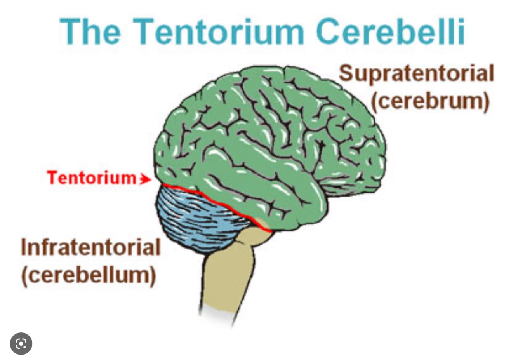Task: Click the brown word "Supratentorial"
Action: tap(416, 74)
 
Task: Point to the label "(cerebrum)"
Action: tap(430, 101)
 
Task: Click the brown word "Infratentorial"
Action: tap(90, 247)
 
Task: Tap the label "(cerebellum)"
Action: tap(89, 275)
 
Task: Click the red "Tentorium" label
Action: tap(92, 178)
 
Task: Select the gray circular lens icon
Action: tap(21, 344)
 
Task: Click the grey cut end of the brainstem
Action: tap(217, 313)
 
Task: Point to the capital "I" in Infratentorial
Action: tap(24, 247)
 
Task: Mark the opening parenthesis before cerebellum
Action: tap(24, 275)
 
